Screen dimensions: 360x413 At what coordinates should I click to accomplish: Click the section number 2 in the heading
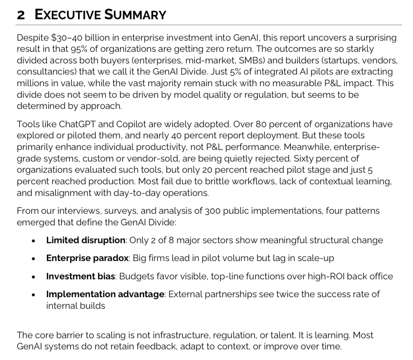pos(21,15)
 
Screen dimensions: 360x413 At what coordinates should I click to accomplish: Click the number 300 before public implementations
pos(213,211)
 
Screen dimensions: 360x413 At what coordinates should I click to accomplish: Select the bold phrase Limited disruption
pos(86,240)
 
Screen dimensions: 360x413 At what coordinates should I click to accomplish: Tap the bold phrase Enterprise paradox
pos(87,258)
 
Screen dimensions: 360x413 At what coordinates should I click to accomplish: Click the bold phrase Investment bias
pos(80,276)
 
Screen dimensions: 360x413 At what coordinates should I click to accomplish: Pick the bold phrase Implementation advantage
pos(105,294)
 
